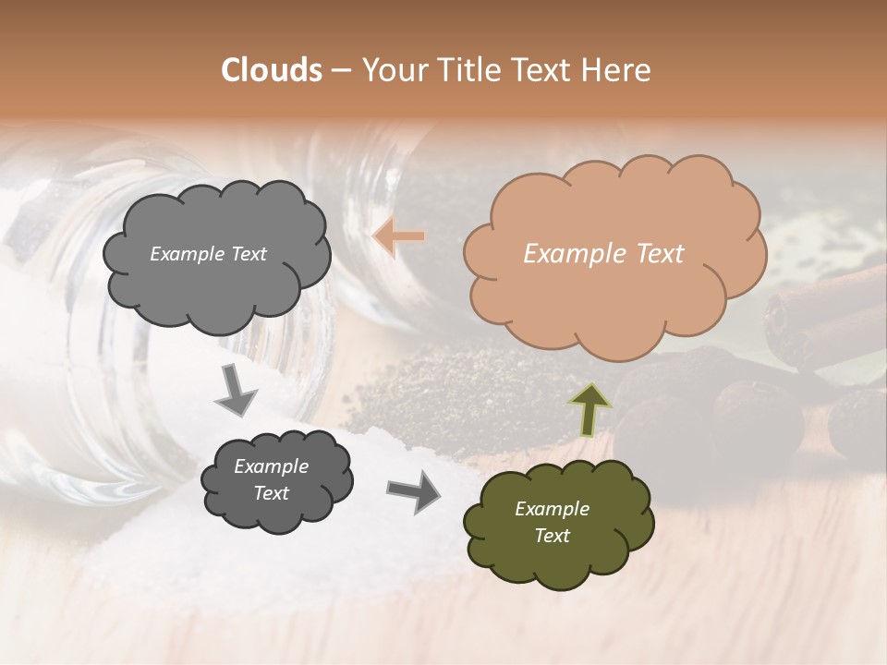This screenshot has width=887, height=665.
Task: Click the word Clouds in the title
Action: (272, 70)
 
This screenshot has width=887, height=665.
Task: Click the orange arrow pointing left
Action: (399, 236)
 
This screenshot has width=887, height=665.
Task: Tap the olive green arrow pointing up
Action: (589, 409)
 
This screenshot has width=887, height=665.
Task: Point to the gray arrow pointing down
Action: (237, 391)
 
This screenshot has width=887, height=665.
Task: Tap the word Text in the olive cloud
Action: (552, 536)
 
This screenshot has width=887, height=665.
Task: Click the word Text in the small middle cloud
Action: (272, 493)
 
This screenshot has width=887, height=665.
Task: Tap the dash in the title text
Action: (340, 71)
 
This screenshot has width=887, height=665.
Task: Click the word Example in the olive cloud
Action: (552, 509)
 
